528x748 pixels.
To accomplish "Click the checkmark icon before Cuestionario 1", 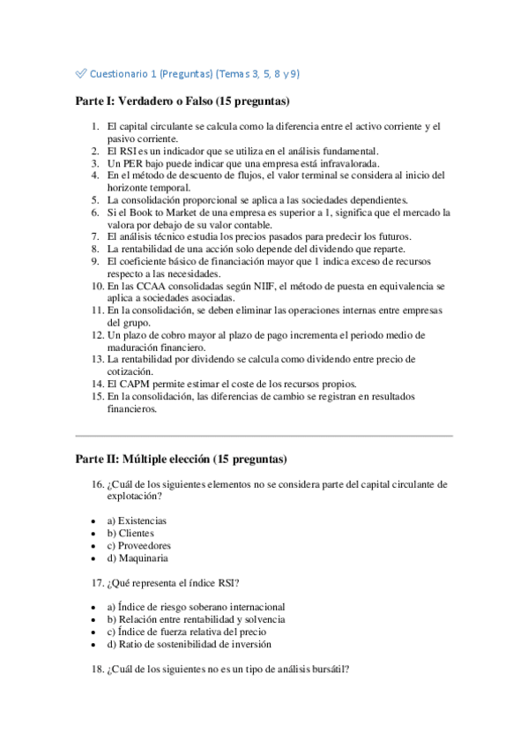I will point(81,74).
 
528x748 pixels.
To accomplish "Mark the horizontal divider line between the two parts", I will point(264,436).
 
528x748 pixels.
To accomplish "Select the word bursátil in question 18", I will point(328,669).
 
